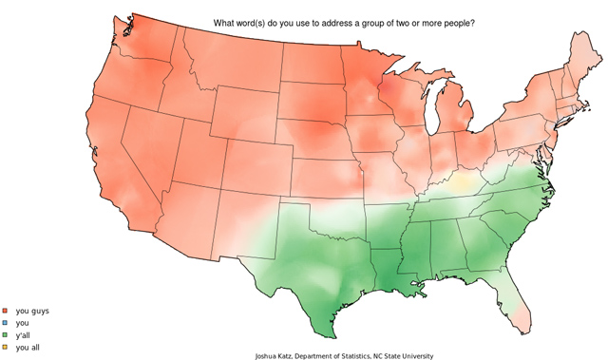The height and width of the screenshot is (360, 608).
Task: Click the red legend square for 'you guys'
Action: [5, 311]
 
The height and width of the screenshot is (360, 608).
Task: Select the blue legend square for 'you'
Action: [5, 323]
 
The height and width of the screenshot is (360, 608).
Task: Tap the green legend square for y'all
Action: [5, 335]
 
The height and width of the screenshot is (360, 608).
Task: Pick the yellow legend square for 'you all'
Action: [5, 348]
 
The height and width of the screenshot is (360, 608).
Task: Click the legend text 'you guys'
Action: [32, 311]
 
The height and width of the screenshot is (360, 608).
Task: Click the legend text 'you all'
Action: [28, 348]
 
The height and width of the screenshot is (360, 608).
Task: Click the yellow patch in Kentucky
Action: [465, 180]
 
